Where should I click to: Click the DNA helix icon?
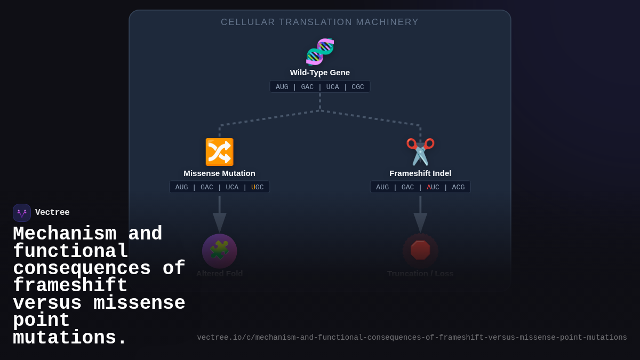320,51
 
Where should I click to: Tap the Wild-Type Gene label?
320,73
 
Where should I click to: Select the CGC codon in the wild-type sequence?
358,87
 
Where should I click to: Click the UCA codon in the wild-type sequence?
333,87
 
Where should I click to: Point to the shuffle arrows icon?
219,152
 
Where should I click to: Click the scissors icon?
420,152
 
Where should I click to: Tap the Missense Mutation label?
219,173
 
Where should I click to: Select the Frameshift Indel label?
420,173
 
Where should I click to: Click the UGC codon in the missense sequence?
258,187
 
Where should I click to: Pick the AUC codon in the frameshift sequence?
433,187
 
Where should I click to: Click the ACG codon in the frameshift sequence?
458,187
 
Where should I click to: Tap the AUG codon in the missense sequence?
181,187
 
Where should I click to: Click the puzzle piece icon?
219,251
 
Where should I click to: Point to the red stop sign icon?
420,250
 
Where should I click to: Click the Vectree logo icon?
22,213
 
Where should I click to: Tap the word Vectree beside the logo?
52,213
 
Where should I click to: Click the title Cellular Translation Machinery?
320,22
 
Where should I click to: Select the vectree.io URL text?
412,338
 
